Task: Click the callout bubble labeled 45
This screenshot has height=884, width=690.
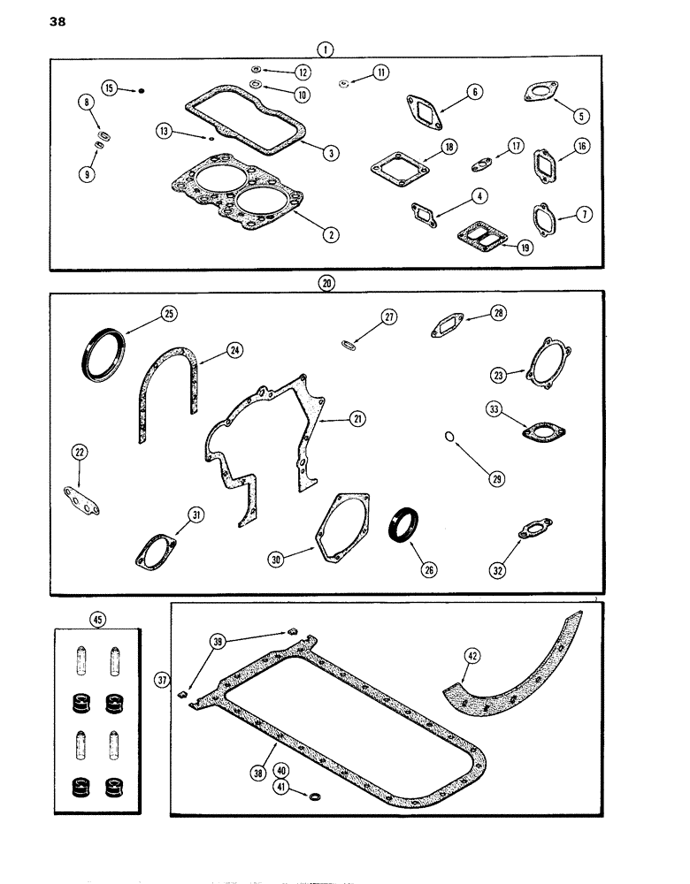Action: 96,619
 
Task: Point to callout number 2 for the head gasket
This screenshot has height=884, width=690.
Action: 330,234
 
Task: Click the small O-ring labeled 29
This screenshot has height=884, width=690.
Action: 449,437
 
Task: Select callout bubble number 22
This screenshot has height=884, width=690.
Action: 80,453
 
